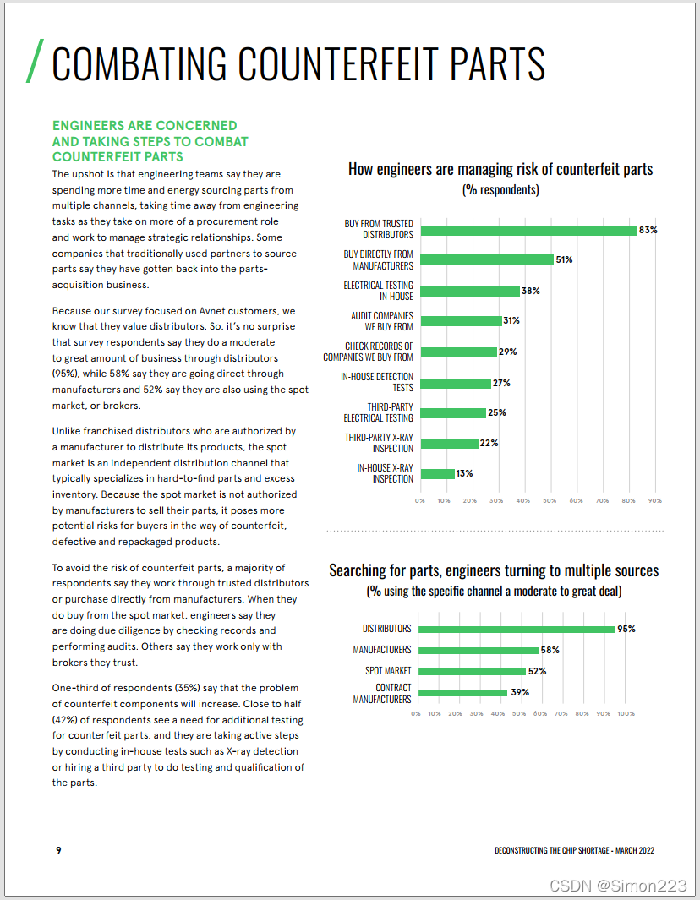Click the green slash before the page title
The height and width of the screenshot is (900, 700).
(x=35, y=62)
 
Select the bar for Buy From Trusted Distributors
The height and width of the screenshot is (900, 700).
(x=528, y=230)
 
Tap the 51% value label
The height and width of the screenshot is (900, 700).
(x=564, y=260)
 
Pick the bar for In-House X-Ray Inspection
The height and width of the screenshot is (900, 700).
(x=437, y=474)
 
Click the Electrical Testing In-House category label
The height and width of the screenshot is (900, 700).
(x=378, y=291)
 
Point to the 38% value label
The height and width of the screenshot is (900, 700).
(x=530, y=291)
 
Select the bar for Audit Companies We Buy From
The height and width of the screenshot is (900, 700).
(x=461, y=321)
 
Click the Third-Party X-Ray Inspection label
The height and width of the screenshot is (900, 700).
(x=379, y=443)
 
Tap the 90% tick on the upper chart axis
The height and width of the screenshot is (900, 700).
(x=654, y=501)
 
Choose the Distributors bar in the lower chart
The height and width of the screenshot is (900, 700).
(x=517, y=629)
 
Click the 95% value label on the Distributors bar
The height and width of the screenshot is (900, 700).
(x=626, y=629)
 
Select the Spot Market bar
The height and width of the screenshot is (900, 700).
(x=472, y=671)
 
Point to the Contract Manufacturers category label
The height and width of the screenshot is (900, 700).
(x=381, y=694)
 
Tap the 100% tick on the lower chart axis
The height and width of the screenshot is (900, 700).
(x=626, y=714)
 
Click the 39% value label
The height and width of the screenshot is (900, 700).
(x=519, y=693)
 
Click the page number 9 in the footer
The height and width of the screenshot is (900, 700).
(x=58, y=850)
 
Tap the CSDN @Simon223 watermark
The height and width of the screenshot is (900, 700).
(x=618, y=885)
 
